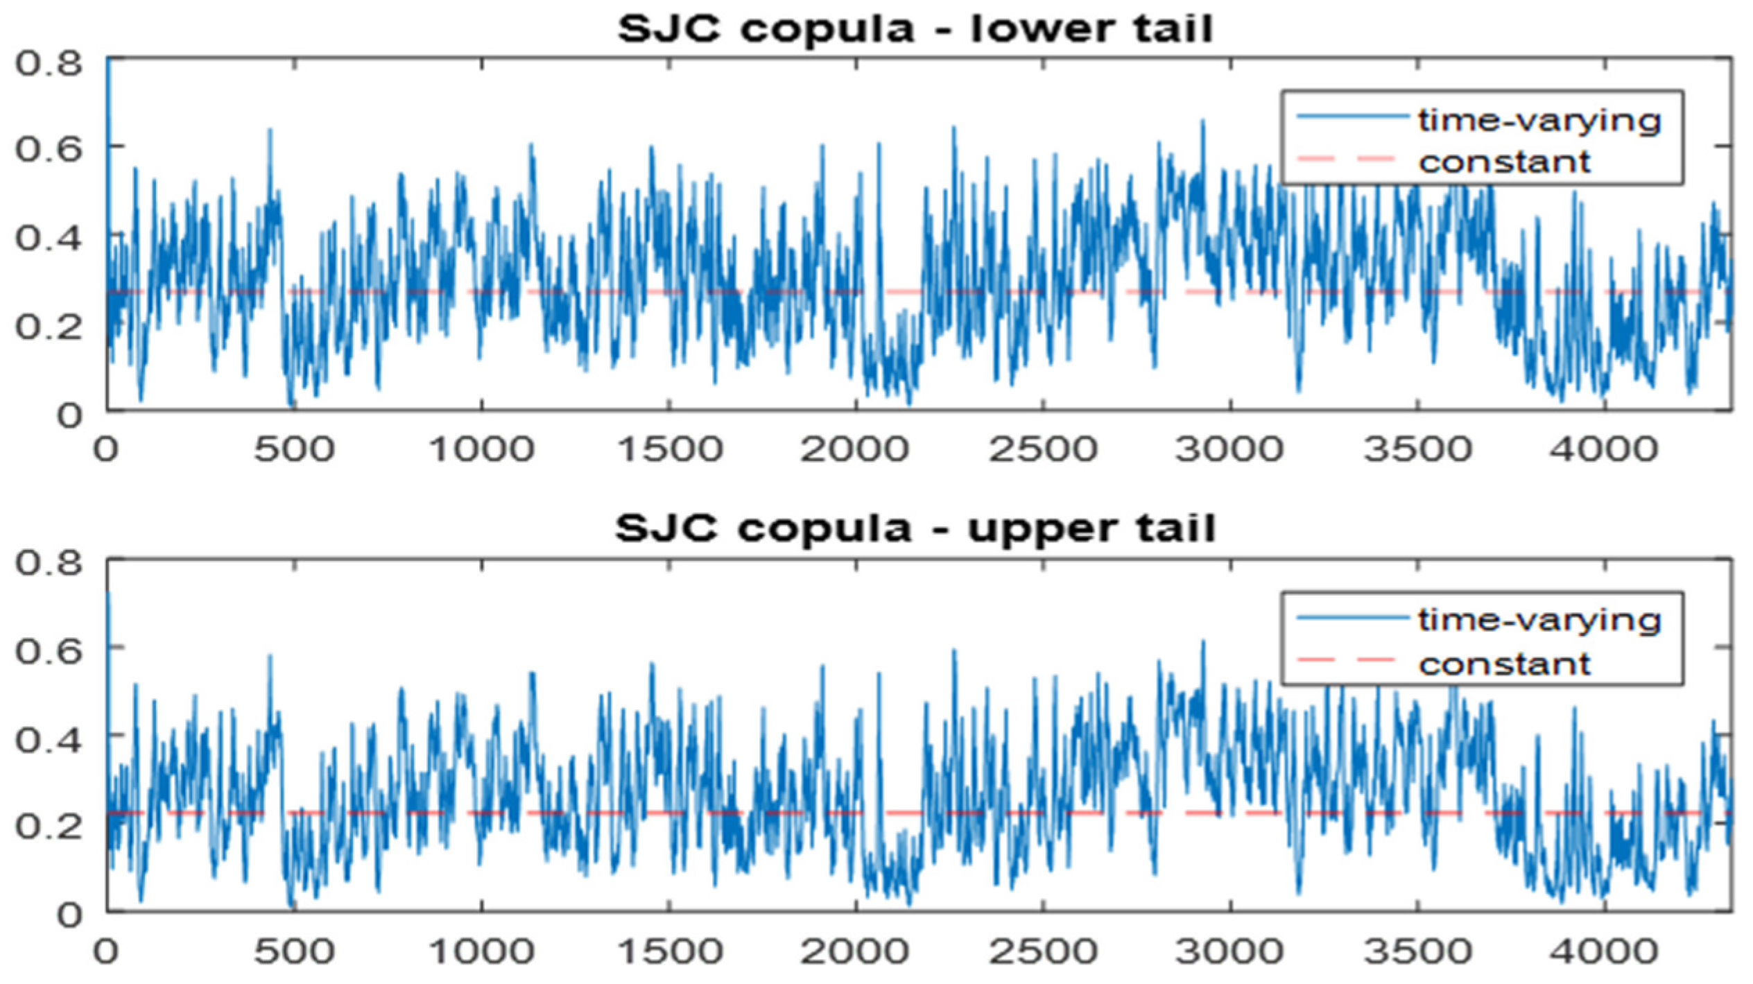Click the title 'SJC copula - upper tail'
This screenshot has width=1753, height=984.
tap(915, 530)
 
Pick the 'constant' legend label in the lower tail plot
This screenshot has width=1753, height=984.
tap(1504, 163)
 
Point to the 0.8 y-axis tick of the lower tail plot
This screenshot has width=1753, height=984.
tap(49, 64)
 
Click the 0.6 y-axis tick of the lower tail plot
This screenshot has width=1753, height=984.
tap(49, 149)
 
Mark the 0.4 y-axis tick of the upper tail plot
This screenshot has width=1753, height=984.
tap(49, 740)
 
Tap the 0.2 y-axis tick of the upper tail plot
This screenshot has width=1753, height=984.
tap(49, 827)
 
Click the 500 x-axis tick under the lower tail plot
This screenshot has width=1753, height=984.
tap(294, 450)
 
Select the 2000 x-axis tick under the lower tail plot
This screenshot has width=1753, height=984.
tap(854, 450)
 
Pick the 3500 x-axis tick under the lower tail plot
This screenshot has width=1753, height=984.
tap(1417, 450)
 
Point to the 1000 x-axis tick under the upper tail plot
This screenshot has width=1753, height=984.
tap(482, 951)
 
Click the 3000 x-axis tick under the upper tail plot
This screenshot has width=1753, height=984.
tap(1229, 951)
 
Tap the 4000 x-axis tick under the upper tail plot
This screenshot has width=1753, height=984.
tap(1604, 951)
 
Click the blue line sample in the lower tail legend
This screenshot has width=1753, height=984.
tap(1352, 116)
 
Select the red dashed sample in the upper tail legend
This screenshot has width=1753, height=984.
tap(1345, 660)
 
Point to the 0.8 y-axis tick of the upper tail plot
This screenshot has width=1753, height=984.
tap(49, 563)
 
